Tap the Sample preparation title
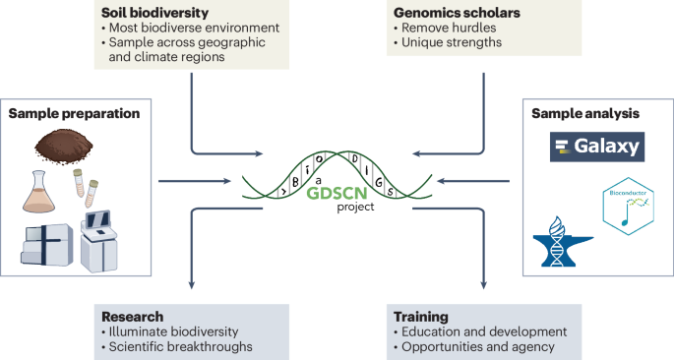[75, 114]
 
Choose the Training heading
[420, 317]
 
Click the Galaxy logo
[596, 148]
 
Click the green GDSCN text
[337, 195]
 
